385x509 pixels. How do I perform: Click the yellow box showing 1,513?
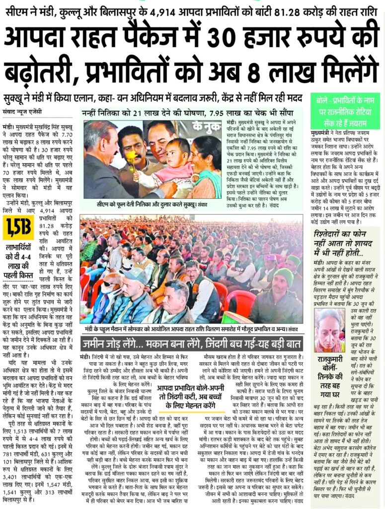(x=18, y=227)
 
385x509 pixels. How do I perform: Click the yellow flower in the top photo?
(x=132, y=159)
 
